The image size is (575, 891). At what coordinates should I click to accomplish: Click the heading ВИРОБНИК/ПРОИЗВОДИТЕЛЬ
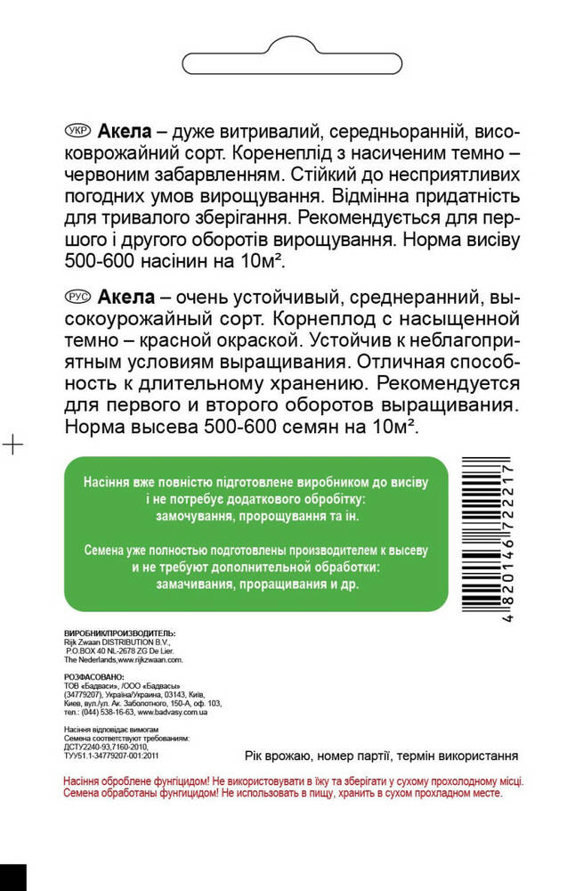click(120, 632)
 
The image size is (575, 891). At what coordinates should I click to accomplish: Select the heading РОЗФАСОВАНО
click(94, 677)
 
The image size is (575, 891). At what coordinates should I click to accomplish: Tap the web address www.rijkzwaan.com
click(148, 660)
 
